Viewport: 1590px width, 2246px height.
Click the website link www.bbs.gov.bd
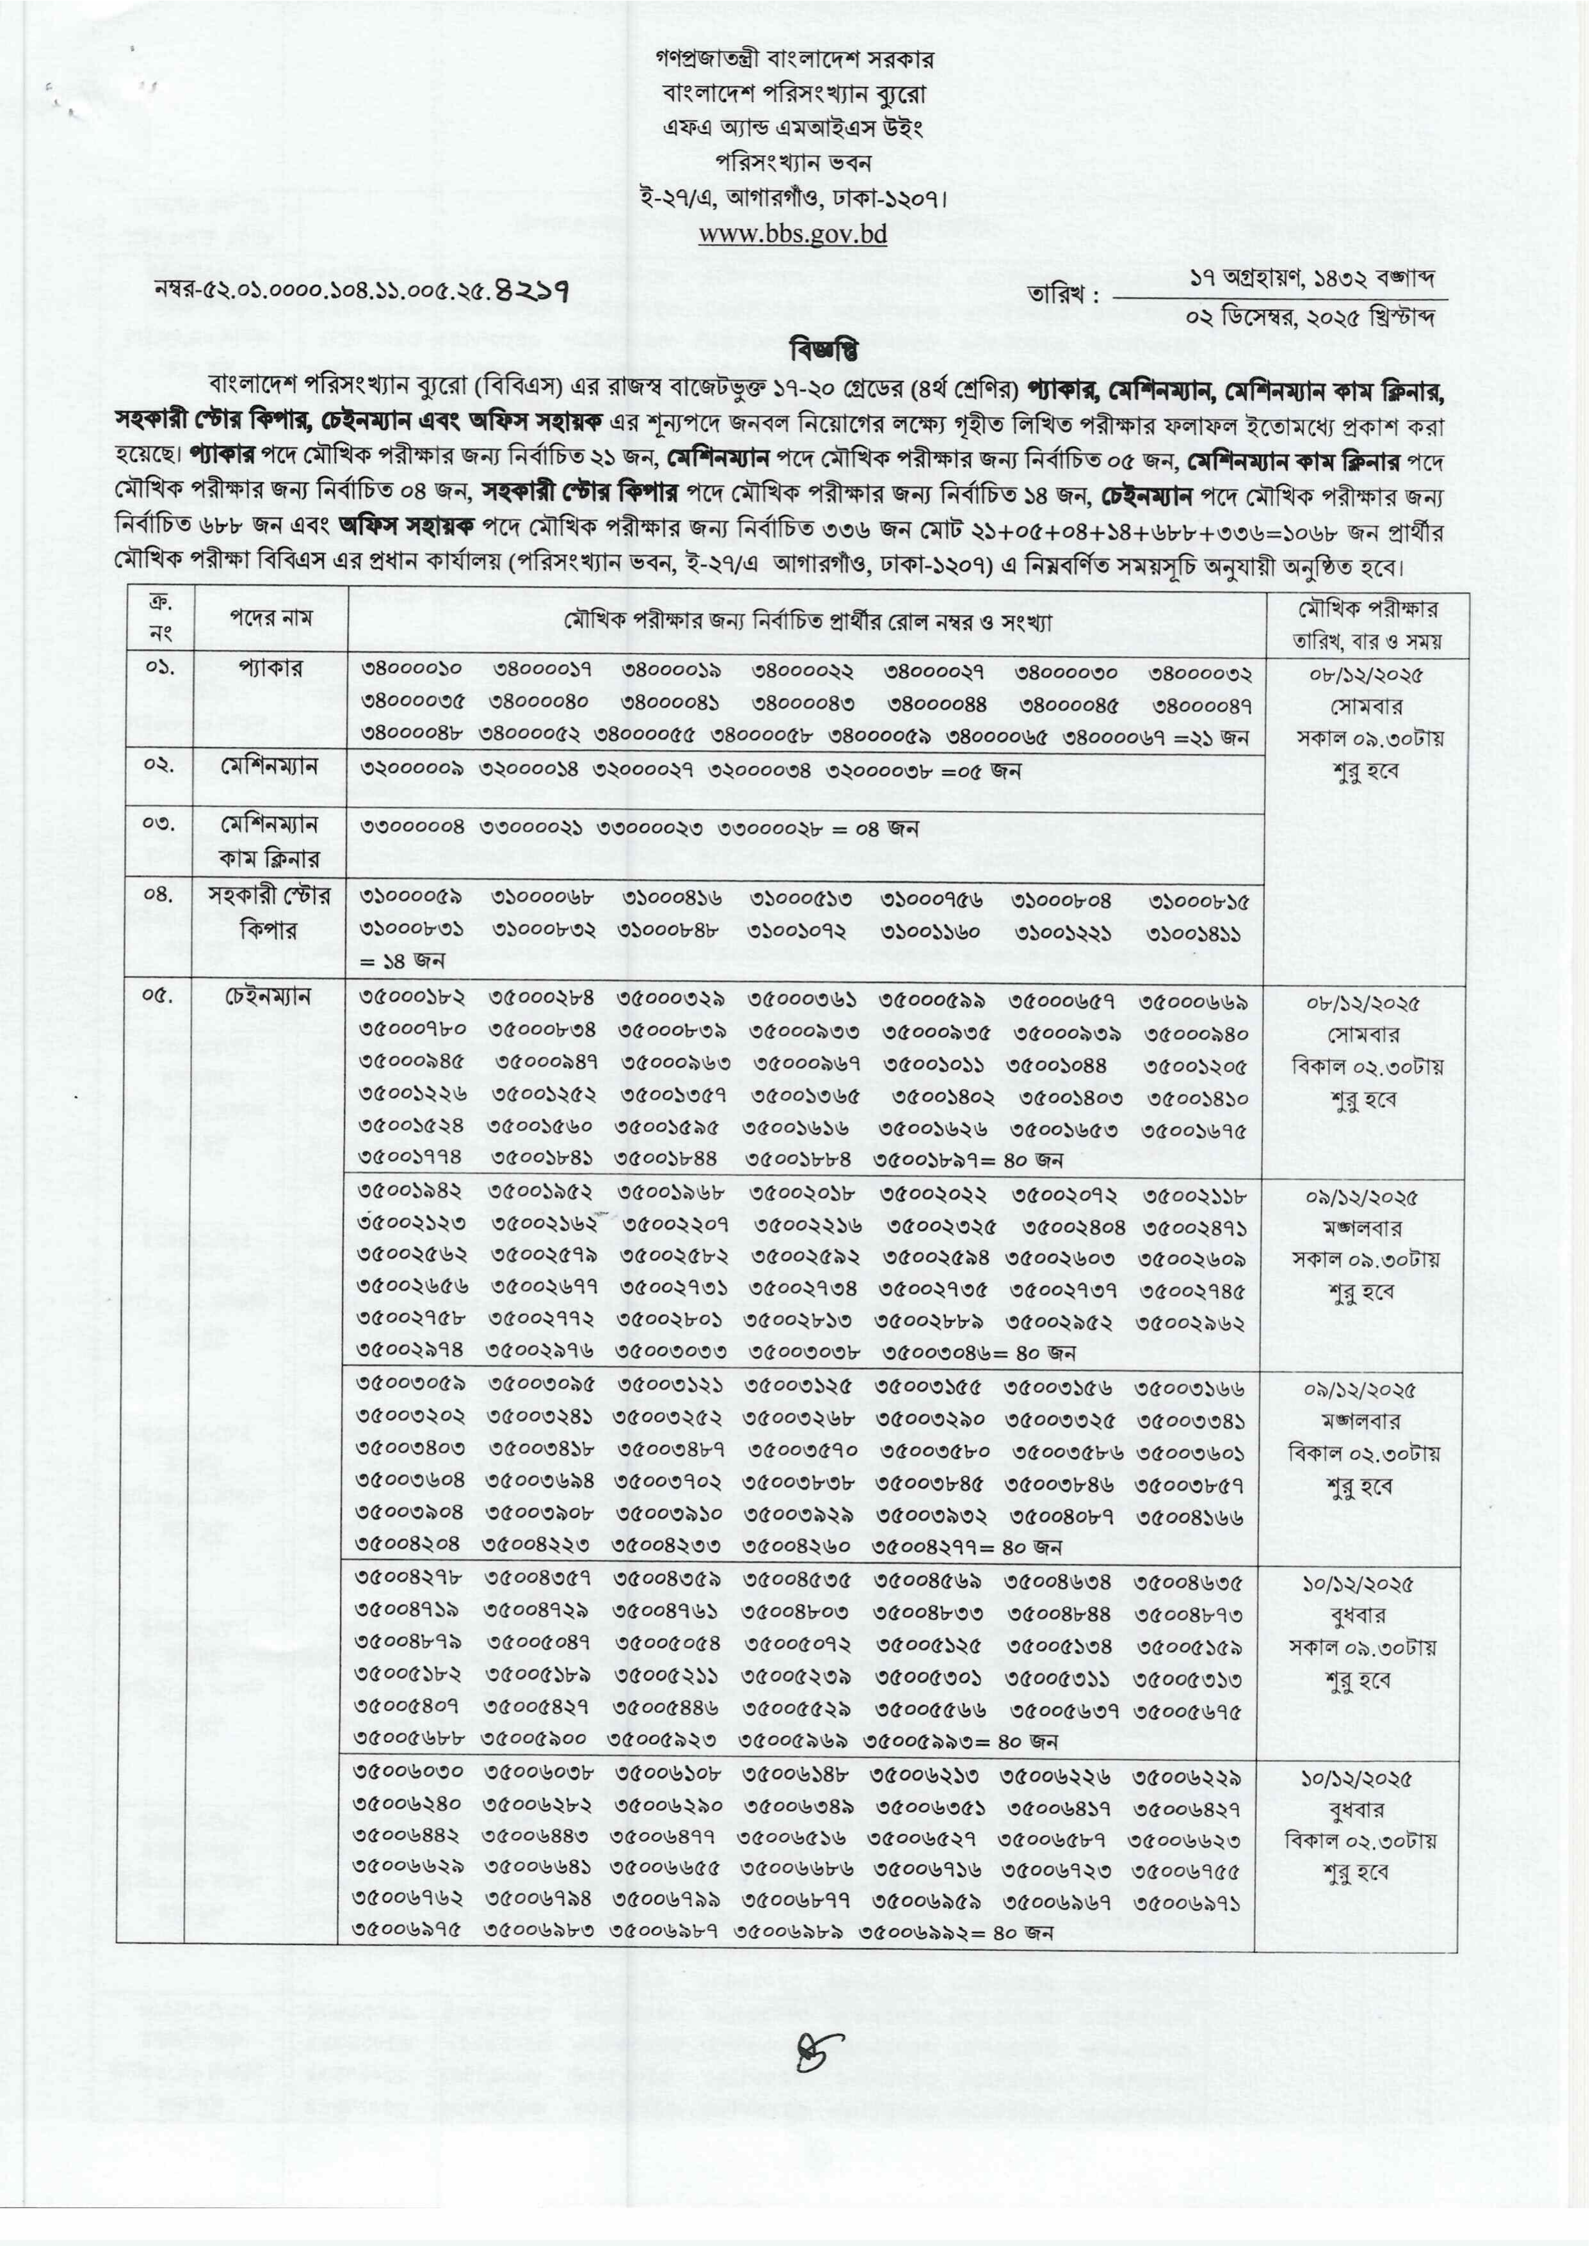[x=793, y=234]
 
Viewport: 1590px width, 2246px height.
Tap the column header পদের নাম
[x=271, y=620]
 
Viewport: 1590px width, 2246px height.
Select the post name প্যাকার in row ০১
[x=271, y=669]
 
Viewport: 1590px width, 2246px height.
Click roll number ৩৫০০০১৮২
[x=411, y=1002]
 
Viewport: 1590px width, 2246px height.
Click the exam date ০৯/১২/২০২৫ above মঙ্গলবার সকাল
[x=1364, y=1196]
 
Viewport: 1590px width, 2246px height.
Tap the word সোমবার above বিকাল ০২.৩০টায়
[x=1364, y=1034]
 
